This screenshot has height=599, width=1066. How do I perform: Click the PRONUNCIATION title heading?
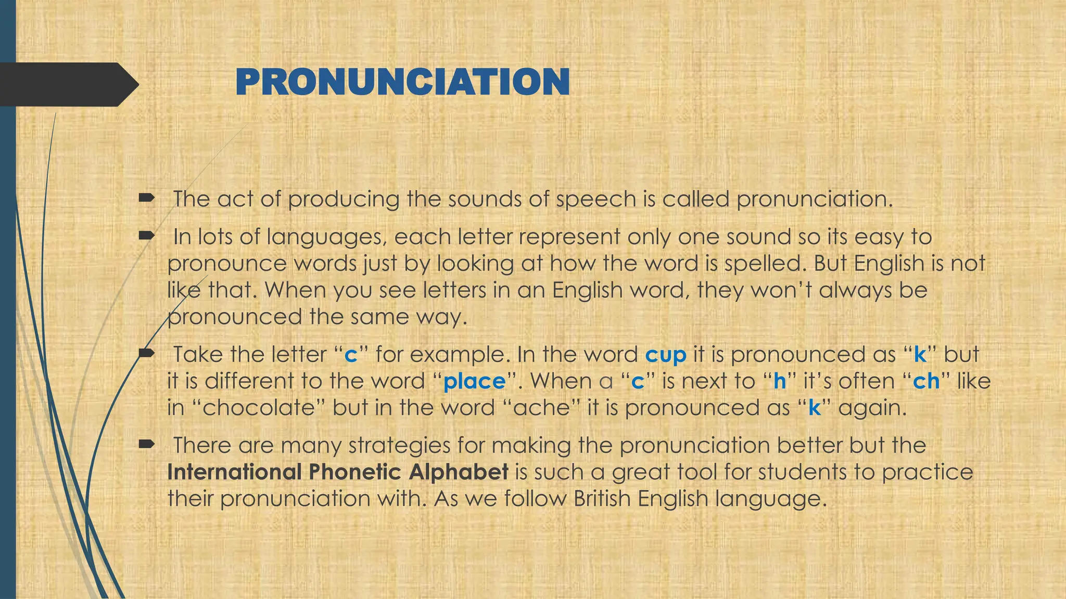tap(402, 82)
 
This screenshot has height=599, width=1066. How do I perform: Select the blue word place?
tap(474, 382)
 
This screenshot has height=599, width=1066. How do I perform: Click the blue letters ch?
tap(927, 382)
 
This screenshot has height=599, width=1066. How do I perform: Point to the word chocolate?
tap(259, 408)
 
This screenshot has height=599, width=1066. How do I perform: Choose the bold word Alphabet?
tap(459, 472)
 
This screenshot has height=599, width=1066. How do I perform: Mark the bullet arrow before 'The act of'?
tap(147, 198)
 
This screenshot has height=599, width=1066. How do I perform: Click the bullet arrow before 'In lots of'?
tap(147, 236)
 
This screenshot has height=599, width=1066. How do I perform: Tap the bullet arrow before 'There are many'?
tap(147, 444)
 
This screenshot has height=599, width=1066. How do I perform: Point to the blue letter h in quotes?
tap(779, 382)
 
